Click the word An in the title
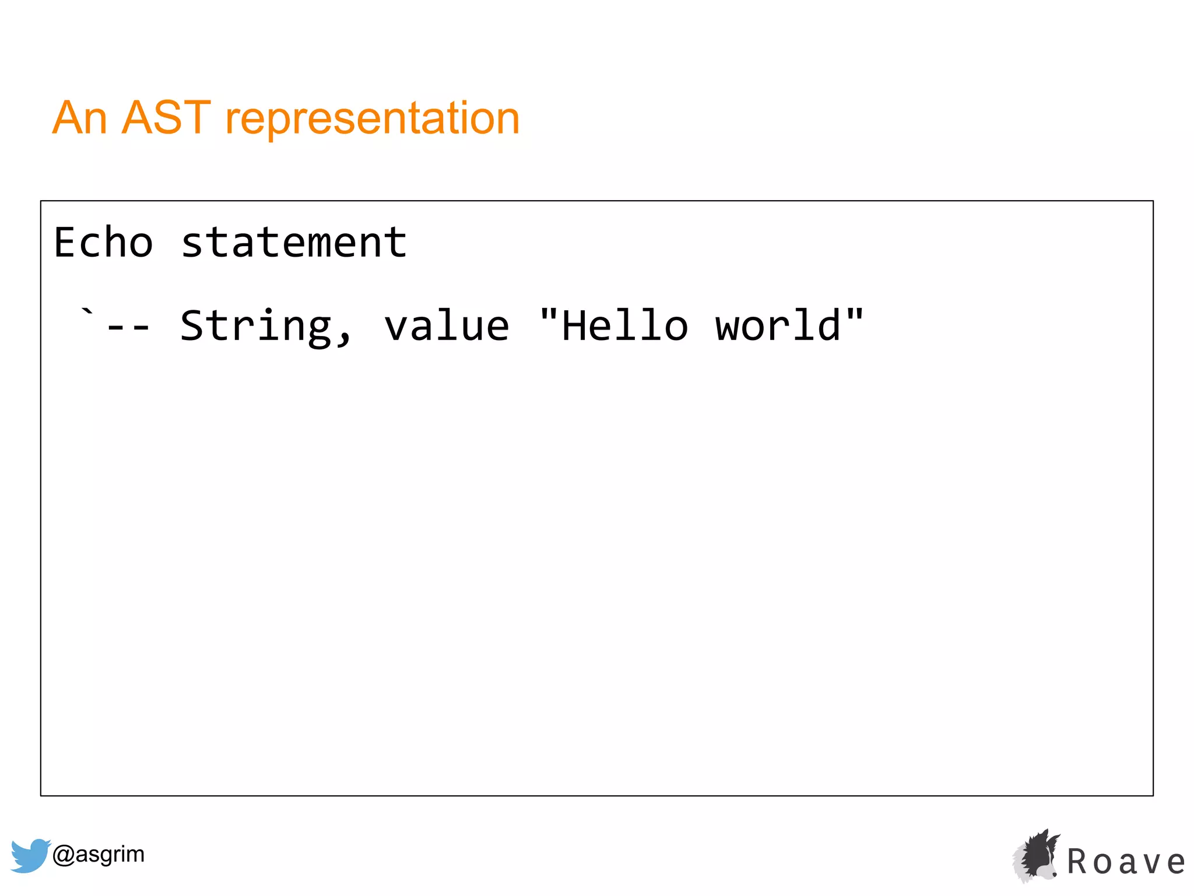point(80,118)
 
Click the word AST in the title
point(166,118)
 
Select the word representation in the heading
point(372,119)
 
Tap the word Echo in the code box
point(104,243)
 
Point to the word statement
point(294,243)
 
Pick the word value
point(447,326)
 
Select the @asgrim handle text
point(99,854)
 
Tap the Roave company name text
point(1126,862)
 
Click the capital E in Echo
point(66,243)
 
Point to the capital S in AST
point(166,118)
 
